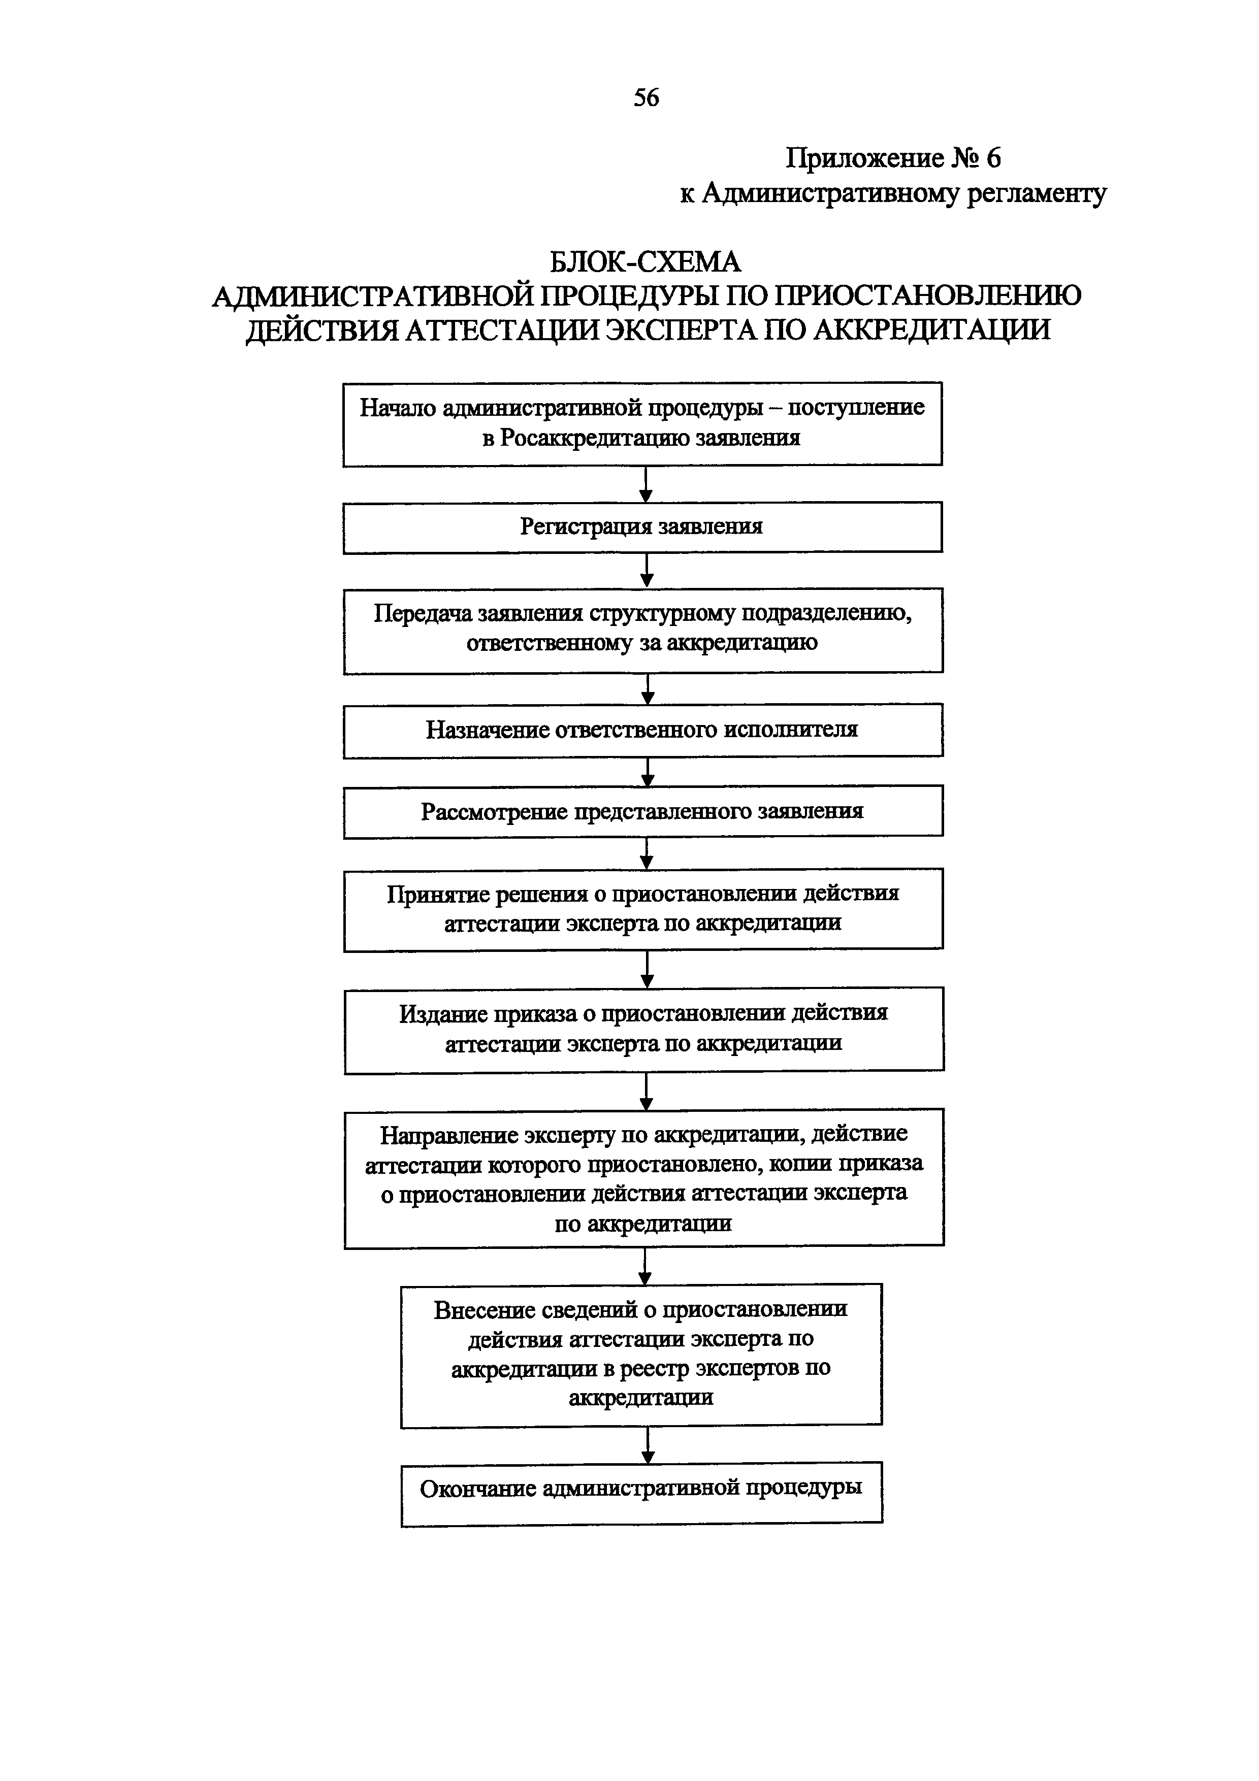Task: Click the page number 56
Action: [x=646, y=98]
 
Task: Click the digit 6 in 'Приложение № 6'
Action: [x=992, y=158]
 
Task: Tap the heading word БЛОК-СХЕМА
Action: [x=645, y=262]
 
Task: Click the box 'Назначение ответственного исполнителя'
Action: [x=643, y=730]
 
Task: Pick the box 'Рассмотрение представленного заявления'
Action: [x=643, y=811]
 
